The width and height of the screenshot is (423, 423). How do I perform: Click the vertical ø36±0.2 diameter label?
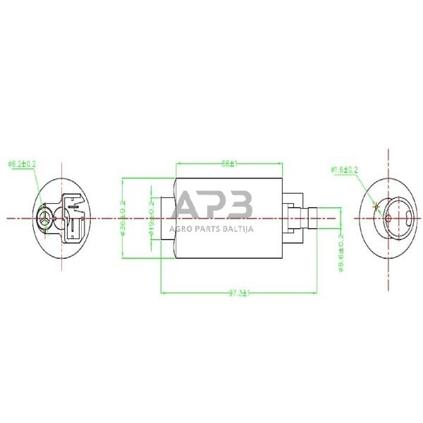tap(123, 217)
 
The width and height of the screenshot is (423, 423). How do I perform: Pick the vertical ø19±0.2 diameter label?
tap(151, 216)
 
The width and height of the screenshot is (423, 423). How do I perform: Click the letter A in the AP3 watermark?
tap(189, 205)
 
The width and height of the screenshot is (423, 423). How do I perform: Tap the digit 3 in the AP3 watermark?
tap(239, 205)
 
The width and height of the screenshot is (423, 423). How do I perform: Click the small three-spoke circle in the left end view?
tap(46, 218)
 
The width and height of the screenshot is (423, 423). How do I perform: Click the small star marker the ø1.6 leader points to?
tap(376, 206)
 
